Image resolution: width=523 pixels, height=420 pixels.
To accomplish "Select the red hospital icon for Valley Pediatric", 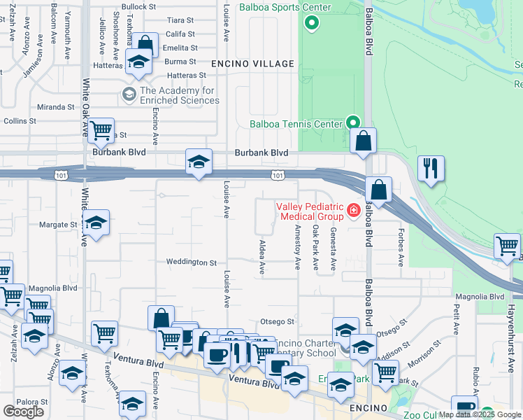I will click(x=354, y=209).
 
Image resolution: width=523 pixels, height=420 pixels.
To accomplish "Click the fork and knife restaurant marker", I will click(x=430, y=168).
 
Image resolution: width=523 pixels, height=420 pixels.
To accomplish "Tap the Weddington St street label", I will click(x=191, y=262).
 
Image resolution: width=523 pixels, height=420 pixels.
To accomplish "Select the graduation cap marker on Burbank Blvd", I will click(x=199, y=162).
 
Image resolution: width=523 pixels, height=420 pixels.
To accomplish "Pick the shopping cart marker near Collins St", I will click(x=101, y=129).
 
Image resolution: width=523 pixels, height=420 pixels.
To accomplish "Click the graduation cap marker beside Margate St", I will click(x=96, y=223).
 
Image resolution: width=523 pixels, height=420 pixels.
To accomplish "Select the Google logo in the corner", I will click(x=23, y=412).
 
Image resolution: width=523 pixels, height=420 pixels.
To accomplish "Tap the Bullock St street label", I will click(x=137, y=6).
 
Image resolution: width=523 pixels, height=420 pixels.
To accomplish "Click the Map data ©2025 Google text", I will click(x=480, y=414).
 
